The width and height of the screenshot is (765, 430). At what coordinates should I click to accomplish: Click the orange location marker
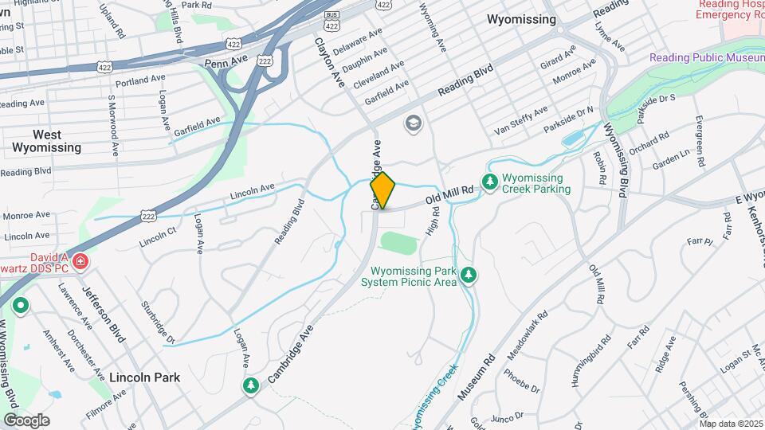coord(382,190)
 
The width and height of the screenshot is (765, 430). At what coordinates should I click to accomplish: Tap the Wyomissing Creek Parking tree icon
coord(489,183)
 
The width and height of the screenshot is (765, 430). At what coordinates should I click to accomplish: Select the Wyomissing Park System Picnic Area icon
coord(469,276)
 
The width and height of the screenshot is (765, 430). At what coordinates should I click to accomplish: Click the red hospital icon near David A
coord(80,261)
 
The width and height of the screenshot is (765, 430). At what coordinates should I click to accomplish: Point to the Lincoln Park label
coord(144,377)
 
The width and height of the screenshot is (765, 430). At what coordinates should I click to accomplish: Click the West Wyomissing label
coord(46,141)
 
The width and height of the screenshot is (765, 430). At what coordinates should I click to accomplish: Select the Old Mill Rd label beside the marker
coord(449,194)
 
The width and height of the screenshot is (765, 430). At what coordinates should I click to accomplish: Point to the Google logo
coord(26,420)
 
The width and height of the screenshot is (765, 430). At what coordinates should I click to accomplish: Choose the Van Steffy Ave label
coord(521,119)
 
